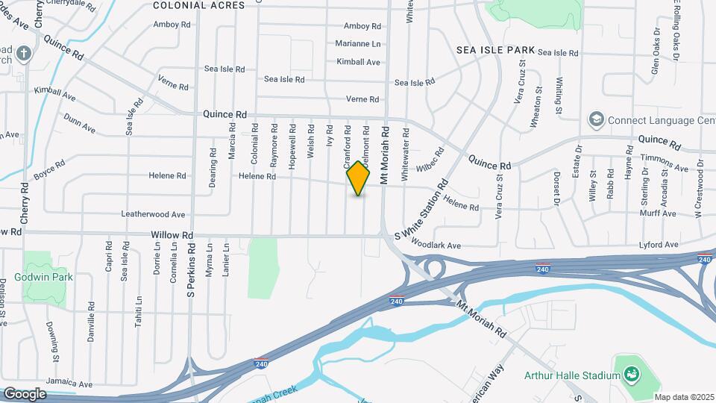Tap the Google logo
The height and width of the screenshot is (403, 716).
(x=25, y=393)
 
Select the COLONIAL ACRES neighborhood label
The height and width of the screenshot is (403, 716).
(x=198, y=5)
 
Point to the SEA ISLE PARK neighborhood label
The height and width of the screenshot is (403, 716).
(x=495, y=50)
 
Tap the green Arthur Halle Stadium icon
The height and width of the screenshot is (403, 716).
(x=632, y=373)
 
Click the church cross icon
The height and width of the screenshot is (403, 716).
(x=25, y=54)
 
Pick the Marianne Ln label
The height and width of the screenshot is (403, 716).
(x=357, y=44)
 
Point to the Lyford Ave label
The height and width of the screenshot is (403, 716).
(x=659, y=245)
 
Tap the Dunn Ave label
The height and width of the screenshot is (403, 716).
(x=79, y=124)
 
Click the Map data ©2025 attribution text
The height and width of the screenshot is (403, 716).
(x=683, y=397)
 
